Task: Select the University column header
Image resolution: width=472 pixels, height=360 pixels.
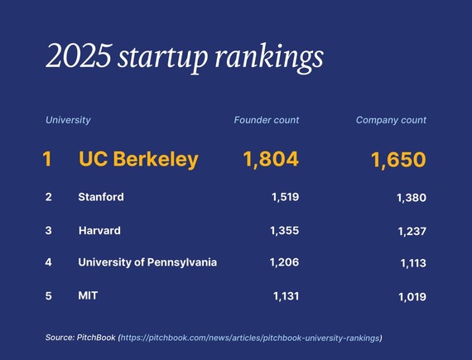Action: coord(68,120)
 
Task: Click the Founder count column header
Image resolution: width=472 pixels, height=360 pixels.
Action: coord(267,120)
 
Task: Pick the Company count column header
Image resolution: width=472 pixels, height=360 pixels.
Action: coord(391,120)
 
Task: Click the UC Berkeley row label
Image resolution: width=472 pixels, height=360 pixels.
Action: coord(138,160)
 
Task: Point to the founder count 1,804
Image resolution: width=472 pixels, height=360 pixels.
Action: coord(270,160)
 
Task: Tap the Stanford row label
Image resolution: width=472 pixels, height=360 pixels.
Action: coord(101,197)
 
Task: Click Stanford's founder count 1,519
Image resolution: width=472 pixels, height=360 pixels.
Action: coord(284,197)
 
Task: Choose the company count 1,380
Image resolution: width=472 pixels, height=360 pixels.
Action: coord(412,198)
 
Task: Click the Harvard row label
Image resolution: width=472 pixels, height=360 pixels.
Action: coord(99,229)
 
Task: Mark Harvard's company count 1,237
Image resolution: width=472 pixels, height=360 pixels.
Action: coord(412,231)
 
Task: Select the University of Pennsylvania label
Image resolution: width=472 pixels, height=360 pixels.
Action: coord(147,262)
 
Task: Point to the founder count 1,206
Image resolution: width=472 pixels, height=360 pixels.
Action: coord(284,262)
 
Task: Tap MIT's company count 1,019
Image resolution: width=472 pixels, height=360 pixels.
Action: coord(412,296)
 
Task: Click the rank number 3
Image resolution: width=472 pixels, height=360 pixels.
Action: coord(48,229)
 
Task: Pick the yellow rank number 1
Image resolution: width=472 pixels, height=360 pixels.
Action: coord(47,160)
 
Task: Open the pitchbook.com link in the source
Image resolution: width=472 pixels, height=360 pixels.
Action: coord(251,338)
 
